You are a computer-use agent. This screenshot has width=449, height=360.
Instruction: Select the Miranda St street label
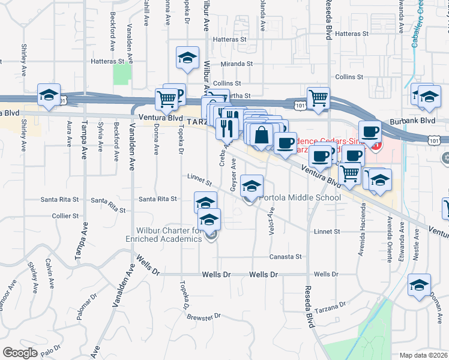click(x=236, y=64)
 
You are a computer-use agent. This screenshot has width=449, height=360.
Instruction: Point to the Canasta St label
click(x=285, y=256)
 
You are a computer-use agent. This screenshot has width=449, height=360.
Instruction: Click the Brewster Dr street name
click(x=204, y=316)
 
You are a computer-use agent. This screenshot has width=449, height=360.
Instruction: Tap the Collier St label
click(x=66, y=215)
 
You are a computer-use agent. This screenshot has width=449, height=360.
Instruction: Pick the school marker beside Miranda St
click(x=188, y=58)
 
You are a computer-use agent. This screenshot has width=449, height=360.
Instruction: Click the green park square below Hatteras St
click(x=122, y=74)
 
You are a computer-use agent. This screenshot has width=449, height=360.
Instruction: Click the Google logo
click(x=20, y=353)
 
